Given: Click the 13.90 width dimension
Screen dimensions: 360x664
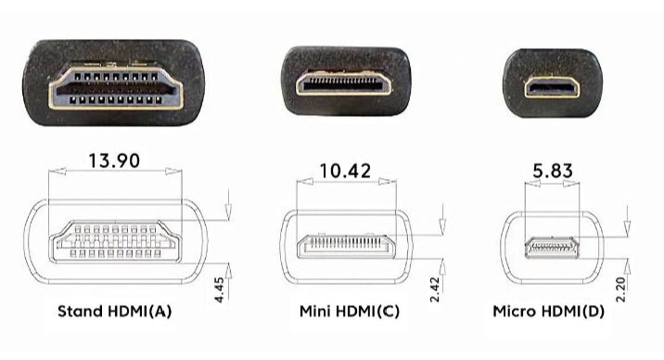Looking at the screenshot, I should [x=113, y=161].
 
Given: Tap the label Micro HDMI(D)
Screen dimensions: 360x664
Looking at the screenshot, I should [x=548, y=311].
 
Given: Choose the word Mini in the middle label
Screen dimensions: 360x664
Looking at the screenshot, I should [x=314, y=311].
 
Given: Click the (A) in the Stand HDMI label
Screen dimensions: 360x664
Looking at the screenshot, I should [x=160, y=311].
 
